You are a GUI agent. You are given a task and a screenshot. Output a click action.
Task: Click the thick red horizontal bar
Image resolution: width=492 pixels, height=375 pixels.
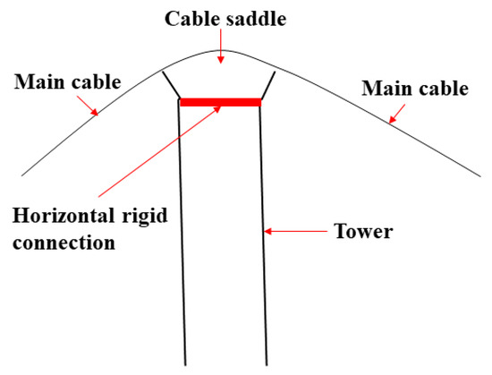click(x=220, y=102)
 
